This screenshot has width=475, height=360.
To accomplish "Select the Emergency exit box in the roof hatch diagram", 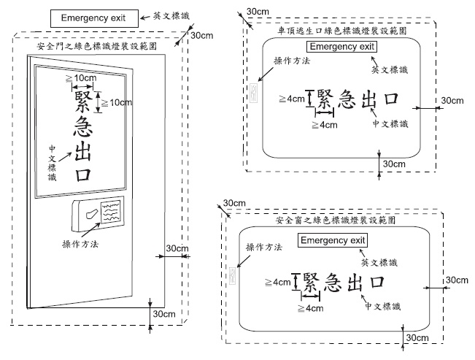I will pos(341,47).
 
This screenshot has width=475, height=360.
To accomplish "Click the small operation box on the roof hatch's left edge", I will pos(254,93).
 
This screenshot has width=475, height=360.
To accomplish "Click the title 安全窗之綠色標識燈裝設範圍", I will pos(336,219).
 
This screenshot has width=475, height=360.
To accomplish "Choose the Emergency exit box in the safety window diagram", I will pos(332,240).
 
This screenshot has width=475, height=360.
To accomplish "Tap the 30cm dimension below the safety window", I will pos(417,337).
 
